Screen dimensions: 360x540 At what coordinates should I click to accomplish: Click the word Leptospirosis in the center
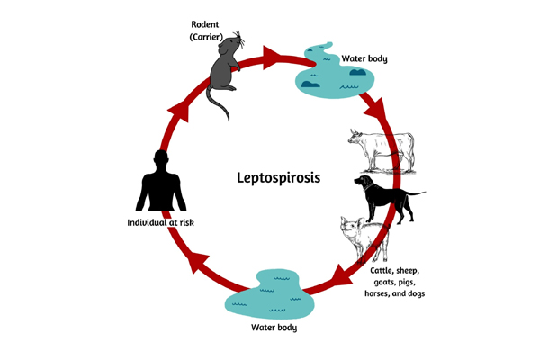(x=269, y=178)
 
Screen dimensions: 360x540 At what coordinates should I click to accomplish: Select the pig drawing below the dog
(x=360, y=239)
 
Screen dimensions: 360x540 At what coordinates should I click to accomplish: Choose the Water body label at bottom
(x=274, y=328)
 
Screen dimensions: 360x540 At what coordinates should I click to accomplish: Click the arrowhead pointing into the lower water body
(x=337, y=274)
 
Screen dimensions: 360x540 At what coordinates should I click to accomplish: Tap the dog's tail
(x=418, y=192)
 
